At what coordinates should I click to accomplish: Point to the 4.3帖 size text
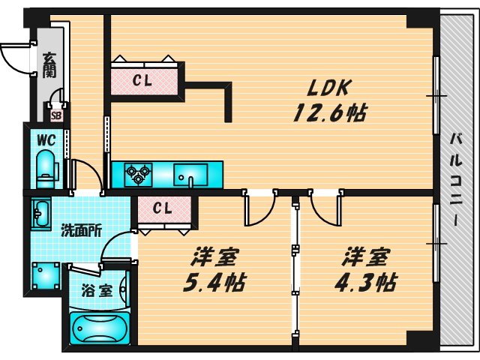pos(364,283)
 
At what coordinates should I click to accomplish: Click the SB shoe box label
pos(56,115)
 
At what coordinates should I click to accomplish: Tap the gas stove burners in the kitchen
pos(138,174)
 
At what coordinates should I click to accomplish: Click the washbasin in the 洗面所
pos(41,213)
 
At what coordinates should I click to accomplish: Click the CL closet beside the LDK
pos(147,81)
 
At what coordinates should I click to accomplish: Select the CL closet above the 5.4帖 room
pos(164,208)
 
